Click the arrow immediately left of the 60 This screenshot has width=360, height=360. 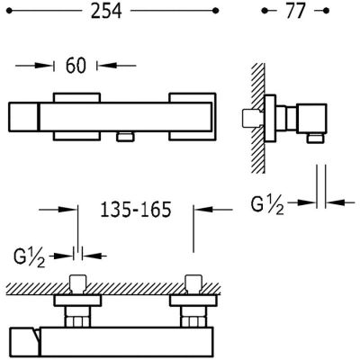point(41,66)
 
